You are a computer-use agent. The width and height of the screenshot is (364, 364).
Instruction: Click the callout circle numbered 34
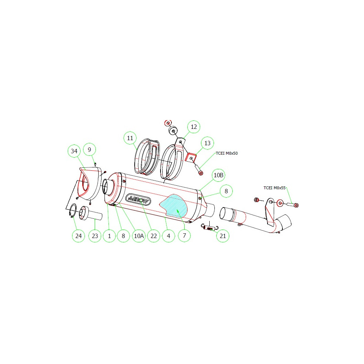[74, 151]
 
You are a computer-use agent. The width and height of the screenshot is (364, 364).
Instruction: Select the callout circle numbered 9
[90, 149]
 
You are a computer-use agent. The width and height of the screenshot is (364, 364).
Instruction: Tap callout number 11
[130, 138]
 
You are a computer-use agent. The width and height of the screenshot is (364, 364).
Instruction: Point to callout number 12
[194, 127]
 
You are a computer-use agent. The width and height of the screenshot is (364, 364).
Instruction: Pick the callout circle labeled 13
[207, 143]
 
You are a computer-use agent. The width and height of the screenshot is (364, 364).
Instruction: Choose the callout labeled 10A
[139, 236]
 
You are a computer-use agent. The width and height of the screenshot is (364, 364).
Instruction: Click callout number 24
[79, 236]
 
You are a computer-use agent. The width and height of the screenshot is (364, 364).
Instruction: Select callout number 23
[95, 236]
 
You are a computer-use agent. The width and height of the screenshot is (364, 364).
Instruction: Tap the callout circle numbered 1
[109, 236]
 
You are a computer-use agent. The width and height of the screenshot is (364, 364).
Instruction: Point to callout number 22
[154, 236]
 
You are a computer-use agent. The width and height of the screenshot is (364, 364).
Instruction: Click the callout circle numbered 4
[168, 236]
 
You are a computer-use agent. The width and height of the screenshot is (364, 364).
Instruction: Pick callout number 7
[184, 236]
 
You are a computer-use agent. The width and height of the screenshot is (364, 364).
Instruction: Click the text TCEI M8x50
[226, 154]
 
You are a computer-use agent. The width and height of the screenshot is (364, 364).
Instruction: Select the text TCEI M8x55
[274, 188]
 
